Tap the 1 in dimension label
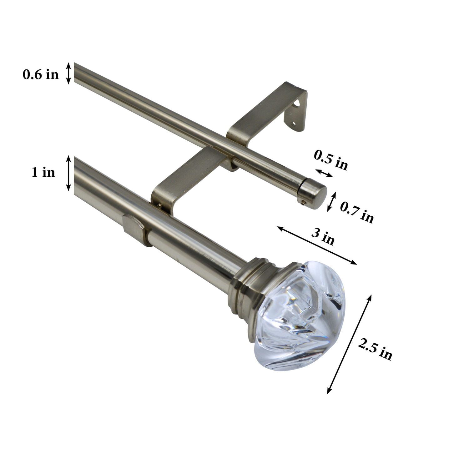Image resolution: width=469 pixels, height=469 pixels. (x=43, y=172)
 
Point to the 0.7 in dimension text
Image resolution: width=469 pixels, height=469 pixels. (x=356, y=213)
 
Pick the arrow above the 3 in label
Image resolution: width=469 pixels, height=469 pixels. (x=316, y=245)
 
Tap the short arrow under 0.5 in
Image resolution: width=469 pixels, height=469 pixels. (x=324, y=173)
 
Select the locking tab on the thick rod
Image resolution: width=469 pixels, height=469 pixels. (x=134, y=228)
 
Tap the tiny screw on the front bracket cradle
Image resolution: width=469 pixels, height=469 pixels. (x=160, y=205)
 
